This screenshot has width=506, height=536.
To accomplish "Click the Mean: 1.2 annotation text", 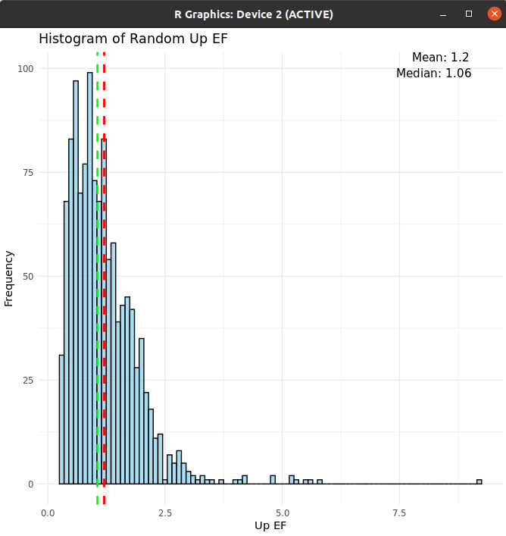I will tap(440, 58).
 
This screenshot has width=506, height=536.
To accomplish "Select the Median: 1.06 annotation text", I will tap(433, 74).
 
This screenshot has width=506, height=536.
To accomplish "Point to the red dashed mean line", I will tap(104, 303).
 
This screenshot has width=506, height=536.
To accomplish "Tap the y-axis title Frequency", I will tap(9, 277).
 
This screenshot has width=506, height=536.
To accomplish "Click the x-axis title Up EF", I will tap(270, 525).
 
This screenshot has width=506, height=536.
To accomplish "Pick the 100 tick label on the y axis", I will tap(27, 69).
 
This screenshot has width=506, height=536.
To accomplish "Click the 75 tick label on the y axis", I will tap(29, 173).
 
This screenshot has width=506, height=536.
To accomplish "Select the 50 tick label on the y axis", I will tap(29, 277).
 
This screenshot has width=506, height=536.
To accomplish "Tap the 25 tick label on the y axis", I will tap(29, 381).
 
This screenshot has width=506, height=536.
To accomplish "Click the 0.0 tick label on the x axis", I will tap(48, 512).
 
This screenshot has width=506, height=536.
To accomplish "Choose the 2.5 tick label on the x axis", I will tap(164, 512).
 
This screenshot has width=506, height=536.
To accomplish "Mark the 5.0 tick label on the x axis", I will tap(282, 512).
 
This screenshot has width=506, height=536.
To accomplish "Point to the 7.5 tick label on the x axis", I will tap(398, 512).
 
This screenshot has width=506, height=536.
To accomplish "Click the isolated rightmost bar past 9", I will tap(479, 481).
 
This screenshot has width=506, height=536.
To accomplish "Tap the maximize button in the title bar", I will tap(469, 14).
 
